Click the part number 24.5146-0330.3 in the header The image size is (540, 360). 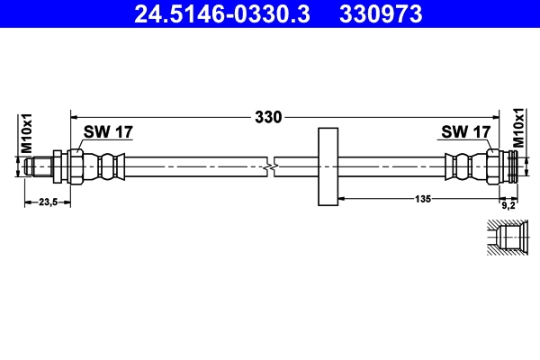[220, 13]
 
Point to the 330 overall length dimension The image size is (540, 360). [268, 117]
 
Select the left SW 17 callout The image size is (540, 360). [108, 132]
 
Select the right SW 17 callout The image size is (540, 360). [464, 132]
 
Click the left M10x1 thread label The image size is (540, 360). [27, 132]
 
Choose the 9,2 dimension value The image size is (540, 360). [508, 204]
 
